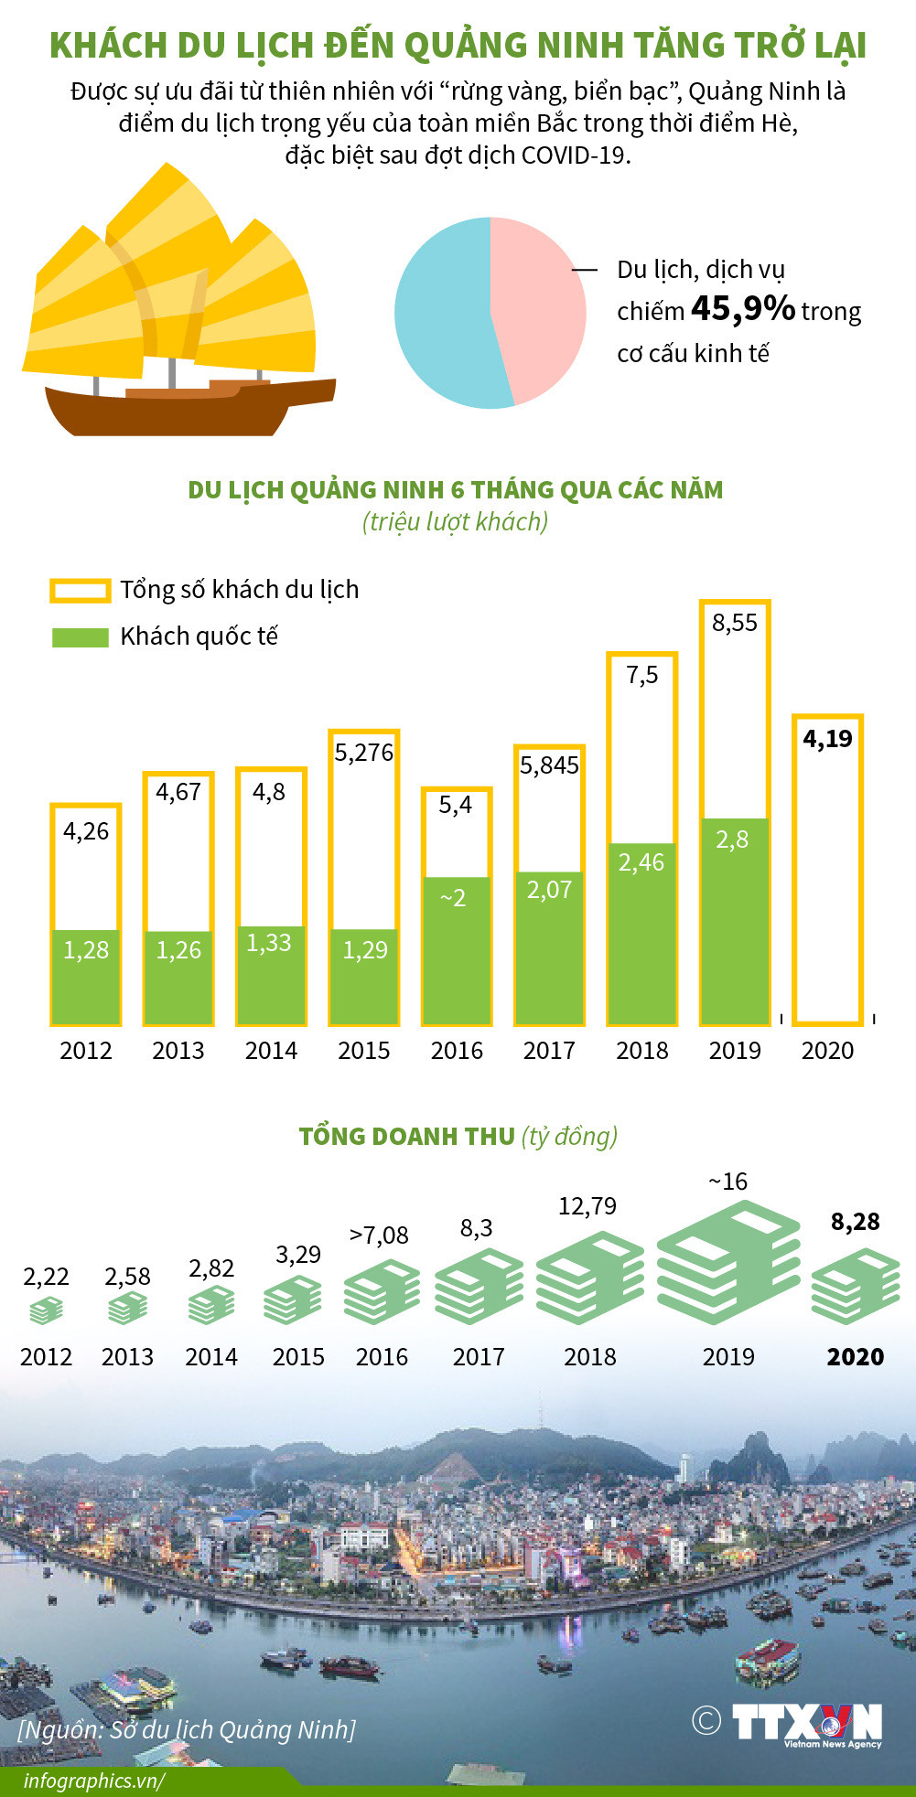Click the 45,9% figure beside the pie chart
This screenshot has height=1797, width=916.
pyautogui.click(x=742, y=309)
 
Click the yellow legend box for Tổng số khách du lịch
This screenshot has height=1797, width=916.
pyautogui.click(x=81, y=590)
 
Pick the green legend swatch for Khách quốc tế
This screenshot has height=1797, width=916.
pyautogui.click(x=81, y=636)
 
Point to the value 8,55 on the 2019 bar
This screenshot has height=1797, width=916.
pyautogui.click(x=735, y=623)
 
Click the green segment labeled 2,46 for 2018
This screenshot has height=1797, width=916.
pyautogui.click(x=641, y=933)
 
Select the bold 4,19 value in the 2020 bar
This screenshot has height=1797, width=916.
pyautogui.click(x=827, y=739)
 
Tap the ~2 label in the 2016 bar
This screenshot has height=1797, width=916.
pyautogui.click(x=454, y=898)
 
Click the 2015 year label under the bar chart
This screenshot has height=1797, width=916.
pyautogui.click(x=363, y=1050)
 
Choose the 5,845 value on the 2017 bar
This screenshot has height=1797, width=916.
pyautogui.click(x=549, y=765)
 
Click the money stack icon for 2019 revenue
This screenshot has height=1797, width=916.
pyautogui.click(x=728, y=1262)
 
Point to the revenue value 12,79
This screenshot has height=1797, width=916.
pyautogui.click(x=587, y=1206)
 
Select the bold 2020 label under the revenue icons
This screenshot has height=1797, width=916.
pyautogui.click(x=855, y=1356)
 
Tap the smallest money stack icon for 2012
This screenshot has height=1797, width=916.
pyautogui.click(x=46, y=1311)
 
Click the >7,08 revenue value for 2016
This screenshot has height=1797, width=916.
pyautogui.click(x=379, y=1235)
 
